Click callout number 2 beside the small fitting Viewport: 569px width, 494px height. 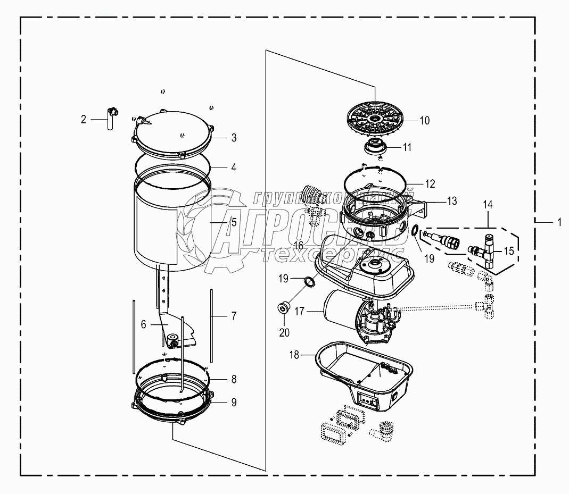click(83, 120)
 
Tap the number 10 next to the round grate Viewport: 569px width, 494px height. click(424, 121)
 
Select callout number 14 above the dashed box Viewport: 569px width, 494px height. click(488, 204)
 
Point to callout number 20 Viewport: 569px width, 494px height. click(284, 332)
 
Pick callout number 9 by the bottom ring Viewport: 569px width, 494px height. click(233, 403)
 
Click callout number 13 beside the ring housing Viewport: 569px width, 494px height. click(451, 201)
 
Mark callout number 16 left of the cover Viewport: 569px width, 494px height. click(298, 245)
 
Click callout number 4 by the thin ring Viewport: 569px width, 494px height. click(233, 166)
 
